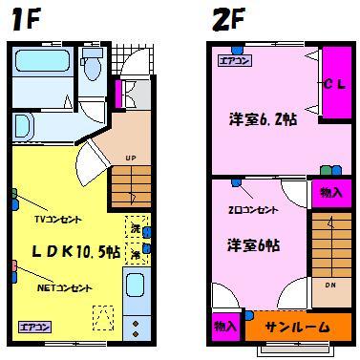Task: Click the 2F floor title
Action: click(227, 19)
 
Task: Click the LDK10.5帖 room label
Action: click(76, 251)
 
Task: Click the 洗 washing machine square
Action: click(136, 230)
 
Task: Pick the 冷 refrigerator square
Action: click(136, 255)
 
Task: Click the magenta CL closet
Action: click(334, 85)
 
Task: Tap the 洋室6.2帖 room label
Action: click(262, 120)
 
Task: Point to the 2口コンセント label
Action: click(252, 209)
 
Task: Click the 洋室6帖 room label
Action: click(253, 245)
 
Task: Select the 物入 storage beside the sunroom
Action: click(224, 326)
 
